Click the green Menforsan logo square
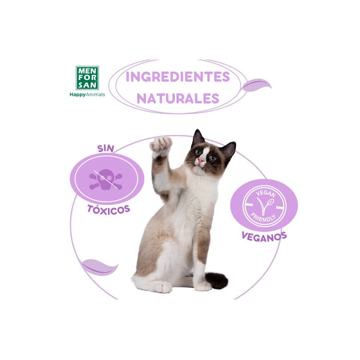click(87, 78)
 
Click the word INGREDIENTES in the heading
click(178, 77)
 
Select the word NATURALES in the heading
click(178, 98)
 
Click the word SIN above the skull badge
click(106, 148)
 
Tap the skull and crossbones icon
click(106, 179)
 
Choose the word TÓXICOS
click(108, 209)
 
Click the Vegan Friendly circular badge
click(264, 206)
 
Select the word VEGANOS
click(264, 236)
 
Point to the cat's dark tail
click(217, 280)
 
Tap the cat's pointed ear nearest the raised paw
click(198, 138)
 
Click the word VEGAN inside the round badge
click(264, 193)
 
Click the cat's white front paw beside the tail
click(203, 286)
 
